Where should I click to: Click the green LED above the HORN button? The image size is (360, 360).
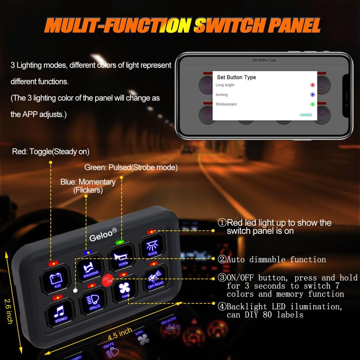point(119,242)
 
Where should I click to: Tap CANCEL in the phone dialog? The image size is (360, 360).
point(306,115)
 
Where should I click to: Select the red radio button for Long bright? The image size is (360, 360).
point(312,85)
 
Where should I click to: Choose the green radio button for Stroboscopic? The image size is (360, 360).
point(312,104)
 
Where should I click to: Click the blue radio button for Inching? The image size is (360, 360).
point(312,95)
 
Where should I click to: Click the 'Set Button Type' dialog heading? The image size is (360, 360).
point(236,77)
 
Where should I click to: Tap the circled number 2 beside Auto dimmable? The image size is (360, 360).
point(222,260)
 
